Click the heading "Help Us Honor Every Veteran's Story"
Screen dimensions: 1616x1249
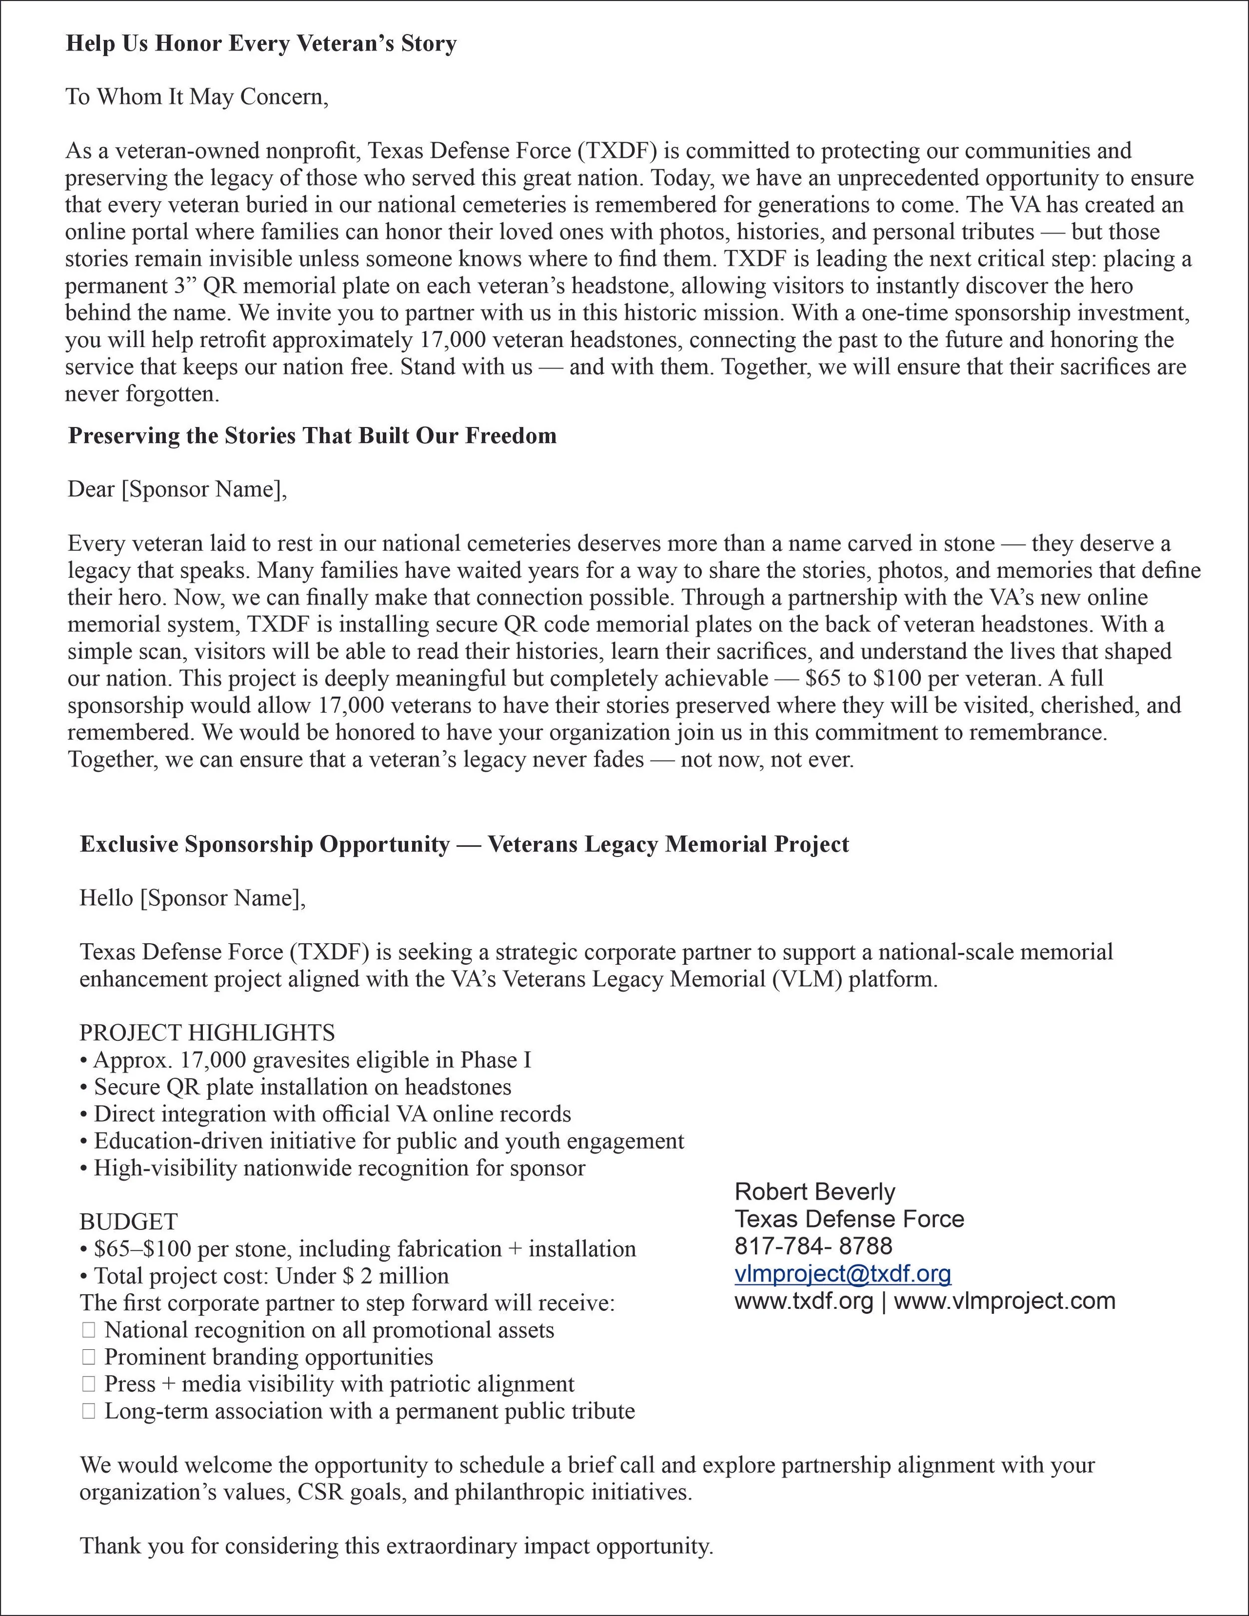pyautogui.click(x=261, y=43)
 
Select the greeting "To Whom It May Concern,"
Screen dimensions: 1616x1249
pyautogui.click(x=196, y=97)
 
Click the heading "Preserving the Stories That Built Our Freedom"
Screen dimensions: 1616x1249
pyautogui.click(x=312, y=436)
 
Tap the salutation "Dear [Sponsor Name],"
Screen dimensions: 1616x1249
pyautogui.click(x=177, y=489)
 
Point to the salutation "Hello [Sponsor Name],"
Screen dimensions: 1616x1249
pyautogui.click(x=192, y=898)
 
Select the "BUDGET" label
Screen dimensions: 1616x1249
pyautogui.click(x=128, y=1221)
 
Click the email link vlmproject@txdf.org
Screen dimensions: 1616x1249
pyautogui.click(x=842, y=1273)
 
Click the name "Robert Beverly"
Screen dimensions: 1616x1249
pyautogui.click(x=814, y=1192)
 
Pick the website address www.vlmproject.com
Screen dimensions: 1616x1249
pyautogui.click(x=1004, y=1301)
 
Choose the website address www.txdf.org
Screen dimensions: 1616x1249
pyautogui.click(x=803, y=1301)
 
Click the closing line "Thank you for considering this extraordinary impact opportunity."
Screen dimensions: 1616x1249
pyautogui.click(x=396, y=1546)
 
